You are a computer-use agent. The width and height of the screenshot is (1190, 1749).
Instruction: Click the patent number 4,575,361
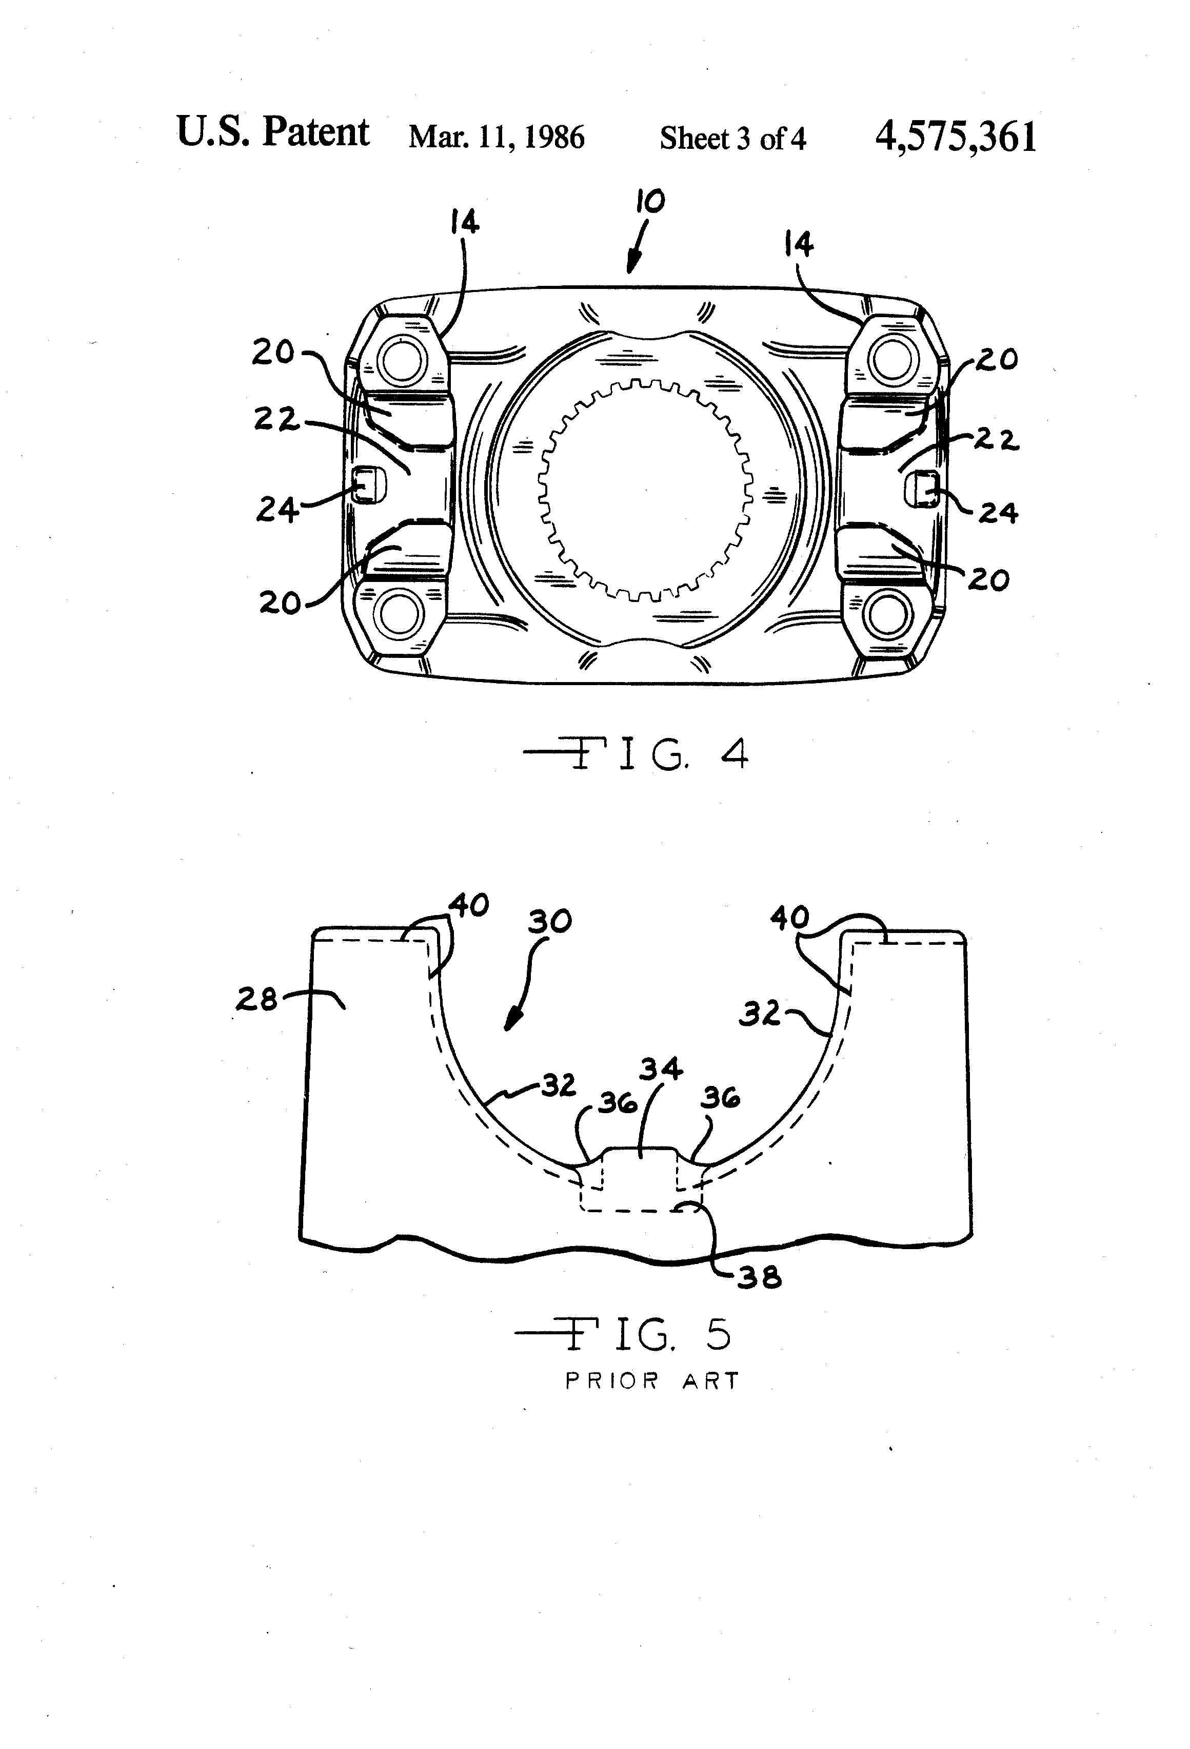tap(955, 137)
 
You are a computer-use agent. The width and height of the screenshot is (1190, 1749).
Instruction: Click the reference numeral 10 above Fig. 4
tap(650, 201)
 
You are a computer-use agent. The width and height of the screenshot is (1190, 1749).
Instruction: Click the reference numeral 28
tap(256, 999)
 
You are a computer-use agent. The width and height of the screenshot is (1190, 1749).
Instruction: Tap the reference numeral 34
tap(661, 1068)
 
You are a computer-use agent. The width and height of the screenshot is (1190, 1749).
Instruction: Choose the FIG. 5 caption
tap(624, 1334)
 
